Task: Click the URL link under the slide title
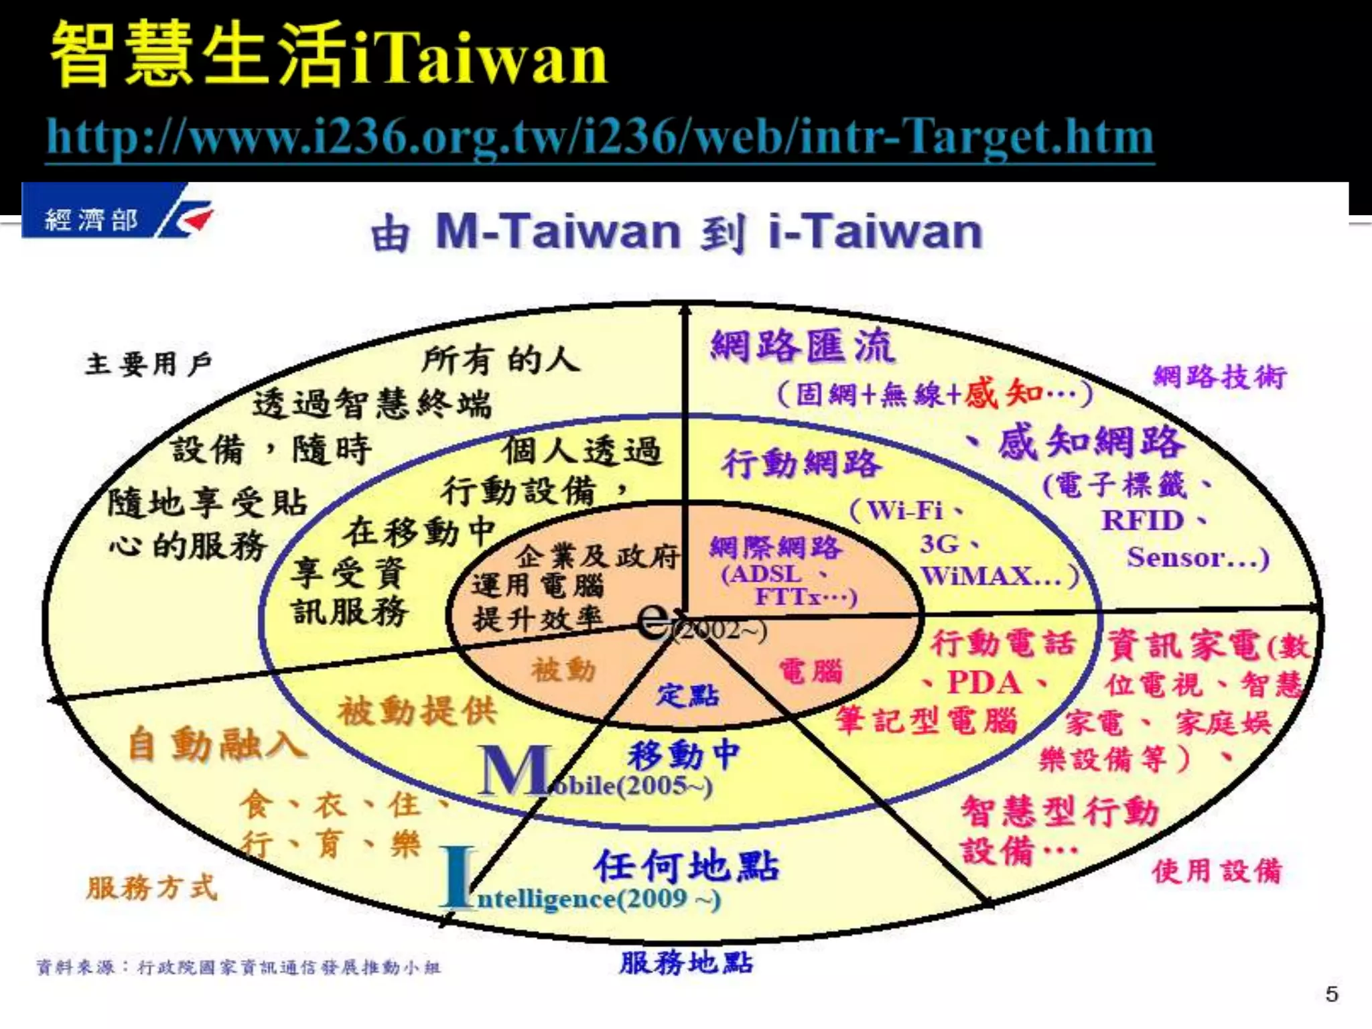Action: pos(600,137)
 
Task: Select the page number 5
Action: pos(1332,994)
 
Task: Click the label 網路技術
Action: pos(1219,376)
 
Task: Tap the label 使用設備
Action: pos(1217,871)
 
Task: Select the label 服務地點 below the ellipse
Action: pos(686,963)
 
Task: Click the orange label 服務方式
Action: pos(152,888)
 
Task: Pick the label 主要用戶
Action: pos(149,364)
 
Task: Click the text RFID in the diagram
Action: pos(1143,521)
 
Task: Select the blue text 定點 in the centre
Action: pos(687,695)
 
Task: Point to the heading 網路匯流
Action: pos(802,347)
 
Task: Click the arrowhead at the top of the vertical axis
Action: pos(685,311)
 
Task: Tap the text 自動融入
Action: pos(217,744)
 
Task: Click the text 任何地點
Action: pos(687,865)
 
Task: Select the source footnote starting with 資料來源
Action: pos(238,967)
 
